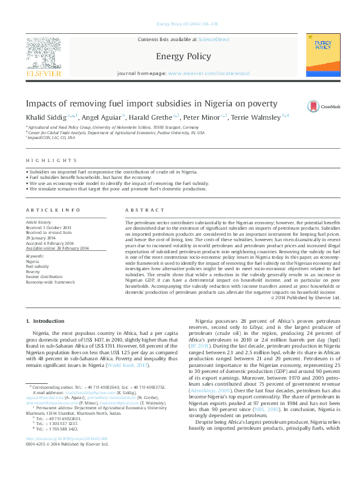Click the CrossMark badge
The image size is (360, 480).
tap(324, 105)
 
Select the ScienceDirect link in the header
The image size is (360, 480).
tap(214, 39)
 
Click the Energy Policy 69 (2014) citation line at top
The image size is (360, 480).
tap(179, 24)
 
